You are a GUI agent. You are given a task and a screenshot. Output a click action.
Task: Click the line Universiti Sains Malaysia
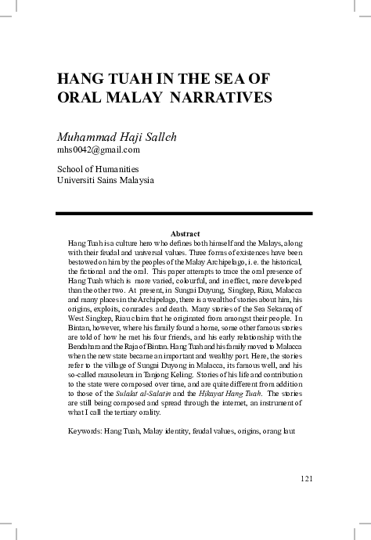pyautogui.click(x=106, y=179)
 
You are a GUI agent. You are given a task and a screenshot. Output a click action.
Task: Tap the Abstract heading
pyautogui.click(x=185, y=233)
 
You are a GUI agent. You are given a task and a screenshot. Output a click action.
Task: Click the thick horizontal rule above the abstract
pyautogui.click(x=185, y=213)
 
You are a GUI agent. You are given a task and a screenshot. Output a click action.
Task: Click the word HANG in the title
pyautogui.click(x=82, y=80)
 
